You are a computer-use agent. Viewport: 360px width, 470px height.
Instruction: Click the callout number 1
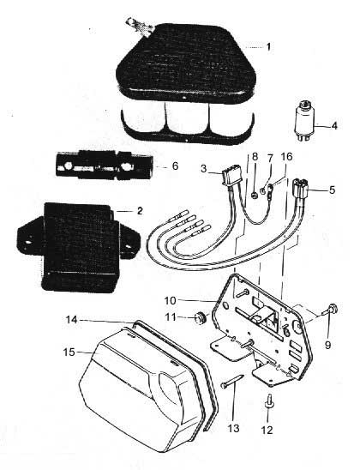[268, 47]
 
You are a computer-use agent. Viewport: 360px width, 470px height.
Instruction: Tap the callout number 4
[334, 125]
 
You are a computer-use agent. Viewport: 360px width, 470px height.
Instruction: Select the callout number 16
[286, 157]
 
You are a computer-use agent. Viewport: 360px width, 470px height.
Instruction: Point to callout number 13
[233, 428]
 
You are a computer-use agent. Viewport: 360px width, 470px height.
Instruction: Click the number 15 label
[69, 352]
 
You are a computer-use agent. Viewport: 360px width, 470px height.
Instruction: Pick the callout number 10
[170, 301]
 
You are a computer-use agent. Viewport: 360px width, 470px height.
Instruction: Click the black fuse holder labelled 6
[105, 166]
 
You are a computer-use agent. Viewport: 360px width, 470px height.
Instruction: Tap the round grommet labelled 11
[200, 317]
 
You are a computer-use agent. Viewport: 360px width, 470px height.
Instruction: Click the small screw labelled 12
[268, 401]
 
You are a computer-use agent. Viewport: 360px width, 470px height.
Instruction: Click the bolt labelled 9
[330, 310]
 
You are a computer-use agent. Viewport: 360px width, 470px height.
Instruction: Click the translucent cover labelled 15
[141, 389]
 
